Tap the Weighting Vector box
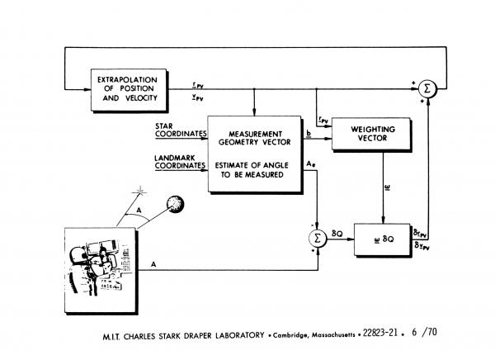370,135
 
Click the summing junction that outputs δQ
316,238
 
